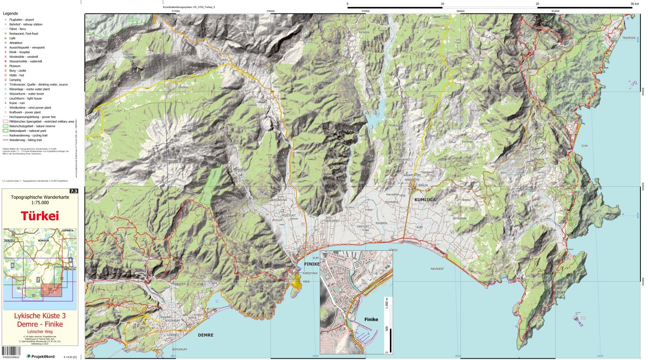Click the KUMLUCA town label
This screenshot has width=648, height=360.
(425, 200)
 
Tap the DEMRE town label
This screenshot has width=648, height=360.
(206, 335)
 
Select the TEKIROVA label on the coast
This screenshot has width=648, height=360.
(628, 38)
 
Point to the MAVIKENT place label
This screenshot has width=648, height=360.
(437, 269)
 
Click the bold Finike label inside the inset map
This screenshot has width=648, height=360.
(371, 319)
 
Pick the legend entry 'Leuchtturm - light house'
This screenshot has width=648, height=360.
(26, 98)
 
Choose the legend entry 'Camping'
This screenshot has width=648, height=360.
(15, 80)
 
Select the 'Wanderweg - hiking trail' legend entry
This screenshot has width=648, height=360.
(26, 140)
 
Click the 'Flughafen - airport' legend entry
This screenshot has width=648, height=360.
(22, 20)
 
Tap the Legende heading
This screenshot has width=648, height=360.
(10, 13)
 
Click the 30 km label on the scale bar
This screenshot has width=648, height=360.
(635, 4)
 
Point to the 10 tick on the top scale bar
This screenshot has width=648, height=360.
(442, 4)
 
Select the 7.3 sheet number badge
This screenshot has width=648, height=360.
(74, 191)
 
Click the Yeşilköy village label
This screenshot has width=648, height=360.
(184, 87)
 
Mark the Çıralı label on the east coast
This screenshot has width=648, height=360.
(584, 145)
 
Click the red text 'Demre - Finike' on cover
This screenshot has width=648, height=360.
(40, 324)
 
